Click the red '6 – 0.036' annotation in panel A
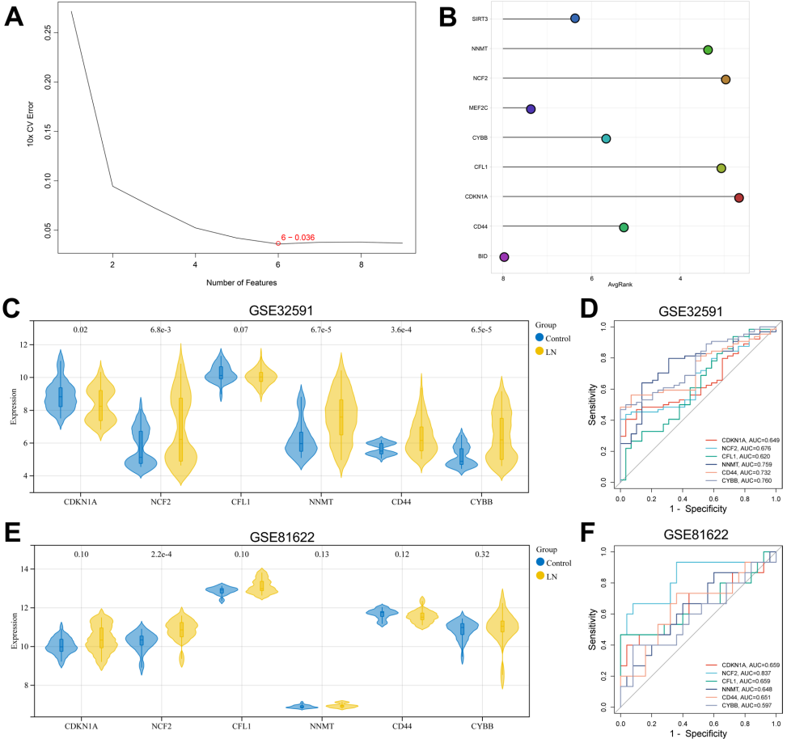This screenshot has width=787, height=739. [298, 237]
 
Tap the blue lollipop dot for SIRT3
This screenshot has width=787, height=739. [575, 19]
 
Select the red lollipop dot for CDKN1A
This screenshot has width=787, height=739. [738, 197]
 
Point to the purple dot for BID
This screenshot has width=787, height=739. [505, 257]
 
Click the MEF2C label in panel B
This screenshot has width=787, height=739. [477, 108]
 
